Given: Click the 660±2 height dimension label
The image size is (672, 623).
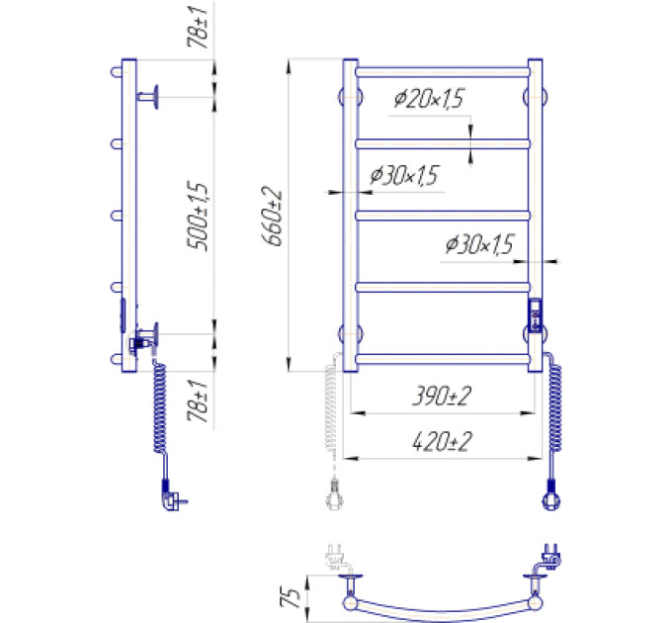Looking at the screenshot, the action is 272,217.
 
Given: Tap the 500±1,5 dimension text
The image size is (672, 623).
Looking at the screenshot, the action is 198,216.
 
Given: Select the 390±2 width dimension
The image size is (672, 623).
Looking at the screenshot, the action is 442,396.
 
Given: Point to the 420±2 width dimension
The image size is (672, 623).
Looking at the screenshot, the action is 442,442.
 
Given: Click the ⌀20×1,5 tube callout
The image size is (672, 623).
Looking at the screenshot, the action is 430,99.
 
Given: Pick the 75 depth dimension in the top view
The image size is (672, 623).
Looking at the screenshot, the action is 291,597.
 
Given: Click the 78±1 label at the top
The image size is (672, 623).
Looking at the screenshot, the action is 198,27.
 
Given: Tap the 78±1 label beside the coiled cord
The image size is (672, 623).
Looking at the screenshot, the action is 198,400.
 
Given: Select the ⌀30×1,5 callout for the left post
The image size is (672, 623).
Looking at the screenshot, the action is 405,175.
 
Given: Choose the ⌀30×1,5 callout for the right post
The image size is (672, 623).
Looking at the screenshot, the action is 479,244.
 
